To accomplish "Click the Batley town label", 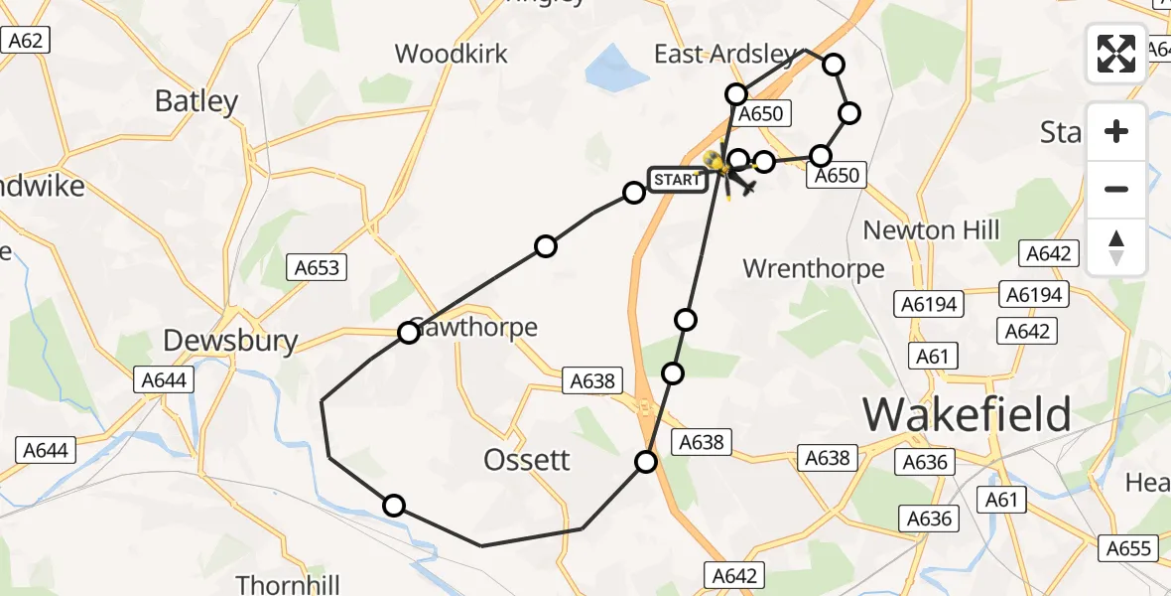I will (x=196, y=101).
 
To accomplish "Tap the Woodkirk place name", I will (x=452, y=54).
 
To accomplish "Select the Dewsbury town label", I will (x=230, y=342).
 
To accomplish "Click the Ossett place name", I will (x=527, y=459).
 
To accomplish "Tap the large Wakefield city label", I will (x=967, y=413).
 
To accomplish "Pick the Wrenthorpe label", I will (x=813, y=268).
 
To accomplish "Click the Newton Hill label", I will (x=931, y=230).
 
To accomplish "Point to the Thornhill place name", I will (x=288, y=583).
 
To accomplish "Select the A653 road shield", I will (x=317, y=266).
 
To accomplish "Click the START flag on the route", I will (x=677, y=180).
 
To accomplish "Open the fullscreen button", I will (x=1116, y=54).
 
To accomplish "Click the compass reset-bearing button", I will (x=1116, y=246).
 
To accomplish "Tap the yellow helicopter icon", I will (x=716, y=162).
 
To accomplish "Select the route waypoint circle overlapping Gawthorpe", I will (x=409, y=332).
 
